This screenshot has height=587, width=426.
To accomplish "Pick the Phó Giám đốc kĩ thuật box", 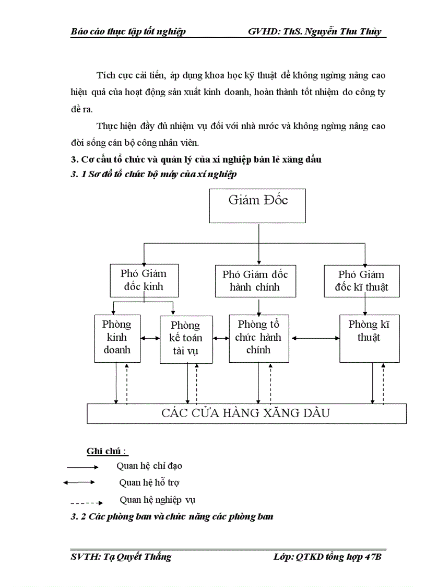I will click(x=361, y=281).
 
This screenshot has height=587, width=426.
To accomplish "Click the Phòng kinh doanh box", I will click(x=117, y=338).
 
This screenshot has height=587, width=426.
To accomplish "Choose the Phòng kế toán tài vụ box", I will click(x=186, y=339).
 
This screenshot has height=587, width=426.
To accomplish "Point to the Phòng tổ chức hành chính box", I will click(x=258, y=338).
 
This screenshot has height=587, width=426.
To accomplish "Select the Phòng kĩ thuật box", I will click(x=369, y=338).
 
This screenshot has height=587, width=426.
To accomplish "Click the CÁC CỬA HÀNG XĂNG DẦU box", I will click(x=246, y=413).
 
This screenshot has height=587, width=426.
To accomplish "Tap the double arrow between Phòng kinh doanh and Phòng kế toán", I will click(x=150, y=338).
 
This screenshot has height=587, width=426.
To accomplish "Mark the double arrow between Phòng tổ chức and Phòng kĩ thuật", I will click(x=314, y=338).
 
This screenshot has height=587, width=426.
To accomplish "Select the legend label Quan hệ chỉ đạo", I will click(x=149, y=465).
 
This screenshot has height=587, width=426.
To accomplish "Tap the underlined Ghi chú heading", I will click(x=107, y=451).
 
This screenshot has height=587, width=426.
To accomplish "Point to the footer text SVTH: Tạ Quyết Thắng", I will click(x=121, y=557).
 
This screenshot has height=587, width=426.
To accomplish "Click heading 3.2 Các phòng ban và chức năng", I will click(x=172, y=517).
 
